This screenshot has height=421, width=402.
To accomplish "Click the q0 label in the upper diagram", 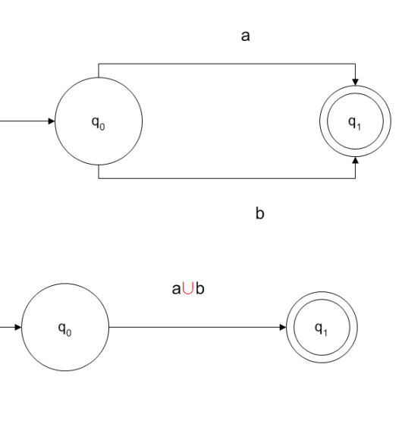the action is click(99, 123).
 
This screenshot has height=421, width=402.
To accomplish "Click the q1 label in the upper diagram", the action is click(355, 123).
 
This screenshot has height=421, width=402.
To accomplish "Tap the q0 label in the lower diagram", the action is click(65, 329).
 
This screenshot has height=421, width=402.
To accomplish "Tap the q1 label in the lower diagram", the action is click(321, 329).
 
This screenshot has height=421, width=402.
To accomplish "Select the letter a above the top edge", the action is click(246, 36).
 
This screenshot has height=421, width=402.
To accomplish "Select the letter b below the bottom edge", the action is click(259, 214).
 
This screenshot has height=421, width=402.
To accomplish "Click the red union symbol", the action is click(187, 288).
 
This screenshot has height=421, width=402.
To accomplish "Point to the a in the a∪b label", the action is click(176, 289).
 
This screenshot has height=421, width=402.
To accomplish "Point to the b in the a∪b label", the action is click(199, 288).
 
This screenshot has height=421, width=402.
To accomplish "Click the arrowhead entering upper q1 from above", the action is click(355, 82).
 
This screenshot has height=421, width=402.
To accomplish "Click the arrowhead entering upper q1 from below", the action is click(355, 160).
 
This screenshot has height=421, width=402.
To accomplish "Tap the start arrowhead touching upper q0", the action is click(52, 121).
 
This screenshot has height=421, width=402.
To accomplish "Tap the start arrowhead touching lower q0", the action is click(18, 327).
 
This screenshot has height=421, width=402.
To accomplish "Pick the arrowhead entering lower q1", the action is click(283, 327).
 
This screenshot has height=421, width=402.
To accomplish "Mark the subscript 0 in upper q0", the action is click(102, 127).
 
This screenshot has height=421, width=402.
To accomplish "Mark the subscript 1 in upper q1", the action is click(359, 127).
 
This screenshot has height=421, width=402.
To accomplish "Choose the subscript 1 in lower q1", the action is click(325, 333).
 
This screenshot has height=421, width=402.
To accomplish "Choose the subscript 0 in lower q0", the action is click(69, 333).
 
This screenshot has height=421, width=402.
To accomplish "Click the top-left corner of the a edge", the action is click(99, 64).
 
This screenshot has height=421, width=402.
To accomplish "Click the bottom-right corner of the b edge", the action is click(355, 178).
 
